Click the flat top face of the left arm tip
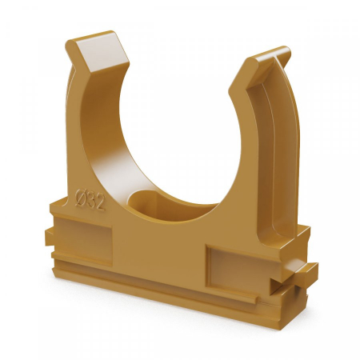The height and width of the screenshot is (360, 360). (x=102, y=50)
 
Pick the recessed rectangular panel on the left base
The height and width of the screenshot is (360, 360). (x=83, y=241)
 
